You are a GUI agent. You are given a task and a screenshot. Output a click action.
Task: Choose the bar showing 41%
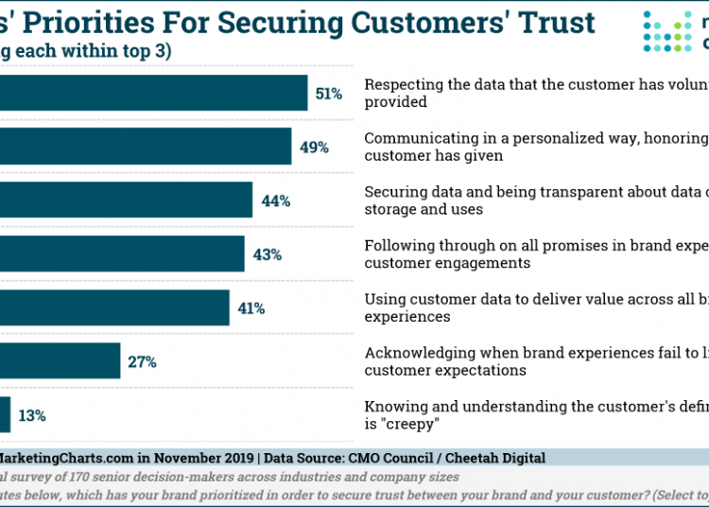tap(114, 308)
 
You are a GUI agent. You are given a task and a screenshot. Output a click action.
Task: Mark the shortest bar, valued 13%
tap(5, 415)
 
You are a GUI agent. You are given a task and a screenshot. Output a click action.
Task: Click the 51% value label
tap(329, 94)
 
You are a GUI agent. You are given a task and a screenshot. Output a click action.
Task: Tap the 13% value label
tap(32, 415)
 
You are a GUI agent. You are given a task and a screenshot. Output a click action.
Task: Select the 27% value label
tap(142, 361)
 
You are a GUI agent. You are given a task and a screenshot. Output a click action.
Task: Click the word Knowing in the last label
tap(393, 407)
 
